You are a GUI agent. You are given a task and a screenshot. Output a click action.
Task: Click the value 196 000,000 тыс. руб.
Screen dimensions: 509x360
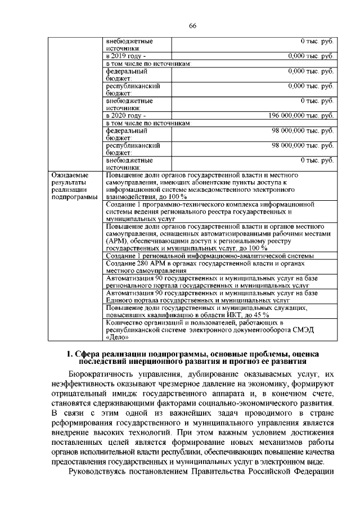coord(301,116)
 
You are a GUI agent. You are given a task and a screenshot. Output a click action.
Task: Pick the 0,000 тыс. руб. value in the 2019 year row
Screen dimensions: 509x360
coord(310,56)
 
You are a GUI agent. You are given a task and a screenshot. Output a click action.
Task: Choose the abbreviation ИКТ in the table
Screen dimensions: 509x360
coord(231,315)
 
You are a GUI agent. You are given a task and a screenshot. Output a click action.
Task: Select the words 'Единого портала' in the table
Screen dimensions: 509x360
coord(130,300)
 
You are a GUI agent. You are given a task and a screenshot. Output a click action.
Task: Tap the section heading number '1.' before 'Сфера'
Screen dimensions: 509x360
coord(70,354)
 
